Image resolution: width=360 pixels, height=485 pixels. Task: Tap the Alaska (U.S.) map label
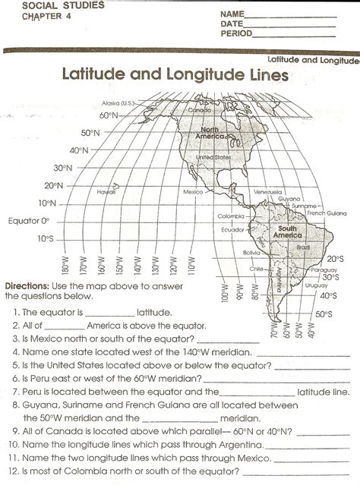coord(117,102)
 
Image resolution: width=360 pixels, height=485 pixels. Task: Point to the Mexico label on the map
coord(191,192)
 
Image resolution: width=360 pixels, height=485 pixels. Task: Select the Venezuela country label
coord(269,191)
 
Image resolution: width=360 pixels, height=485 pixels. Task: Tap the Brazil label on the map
coord(303,247)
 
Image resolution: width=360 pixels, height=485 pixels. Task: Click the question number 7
coord(15,392)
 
